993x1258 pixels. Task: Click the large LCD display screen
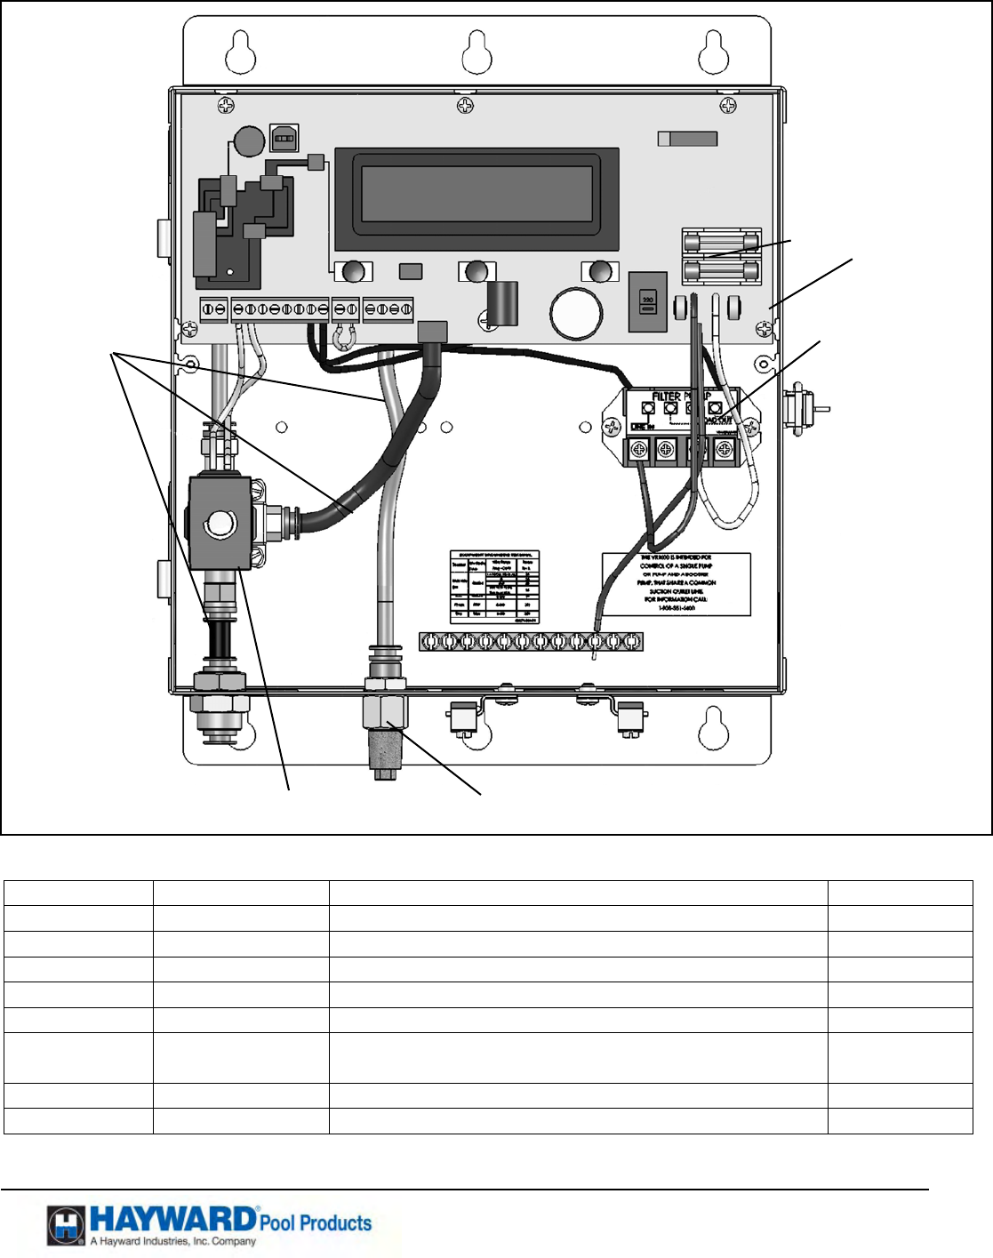coord(476,198)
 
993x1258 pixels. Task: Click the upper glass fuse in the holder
coord(721,243)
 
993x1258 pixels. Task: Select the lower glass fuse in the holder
coord(721,270)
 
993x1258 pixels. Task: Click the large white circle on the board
coord(577,314)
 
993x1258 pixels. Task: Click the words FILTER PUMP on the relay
coord(680,397)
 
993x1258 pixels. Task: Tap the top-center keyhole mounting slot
coord(476,52)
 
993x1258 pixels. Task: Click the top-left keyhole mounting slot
coord(240,52)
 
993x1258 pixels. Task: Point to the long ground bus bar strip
coord(531,641)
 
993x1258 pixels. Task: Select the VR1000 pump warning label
coord(677,583)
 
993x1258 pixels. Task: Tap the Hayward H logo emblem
coord(67,1226)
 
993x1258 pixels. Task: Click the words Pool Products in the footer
coord(315,1223)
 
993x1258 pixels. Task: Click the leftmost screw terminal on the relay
coord(638,451)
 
